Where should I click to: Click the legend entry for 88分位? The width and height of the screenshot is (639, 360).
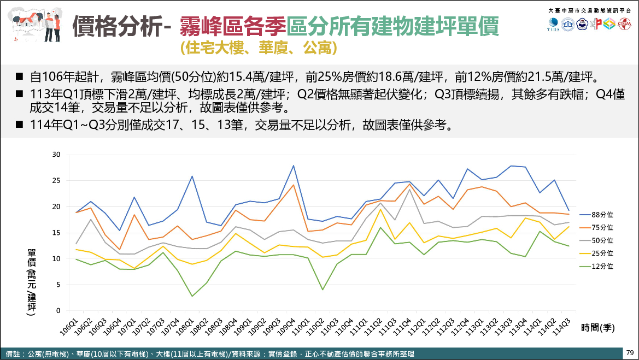coord(602,215)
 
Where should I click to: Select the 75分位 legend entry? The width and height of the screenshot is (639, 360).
coord(602,227)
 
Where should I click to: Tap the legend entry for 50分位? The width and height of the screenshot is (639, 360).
coord(602,240)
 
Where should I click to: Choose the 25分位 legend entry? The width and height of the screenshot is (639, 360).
coord(602,253)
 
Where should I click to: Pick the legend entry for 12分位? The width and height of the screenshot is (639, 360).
coord(602,267)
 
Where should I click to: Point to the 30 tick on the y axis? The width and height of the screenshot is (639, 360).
coord(55,155)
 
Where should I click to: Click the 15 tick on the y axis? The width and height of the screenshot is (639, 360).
coord(55,233)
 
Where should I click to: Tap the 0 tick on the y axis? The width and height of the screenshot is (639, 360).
coord(57,311)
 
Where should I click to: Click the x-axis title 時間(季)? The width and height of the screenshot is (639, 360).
coord(598,328)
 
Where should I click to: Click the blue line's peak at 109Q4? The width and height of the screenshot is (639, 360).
coord(293,166)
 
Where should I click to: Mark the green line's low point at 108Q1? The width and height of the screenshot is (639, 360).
coord(192,296)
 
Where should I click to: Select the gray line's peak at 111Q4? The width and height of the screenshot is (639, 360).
coord(409,190)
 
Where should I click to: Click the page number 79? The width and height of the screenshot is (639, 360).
coord(630,352)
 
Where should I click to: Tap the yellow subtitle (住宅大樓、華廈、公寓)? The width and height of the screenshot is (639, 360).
coord(258,48)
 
